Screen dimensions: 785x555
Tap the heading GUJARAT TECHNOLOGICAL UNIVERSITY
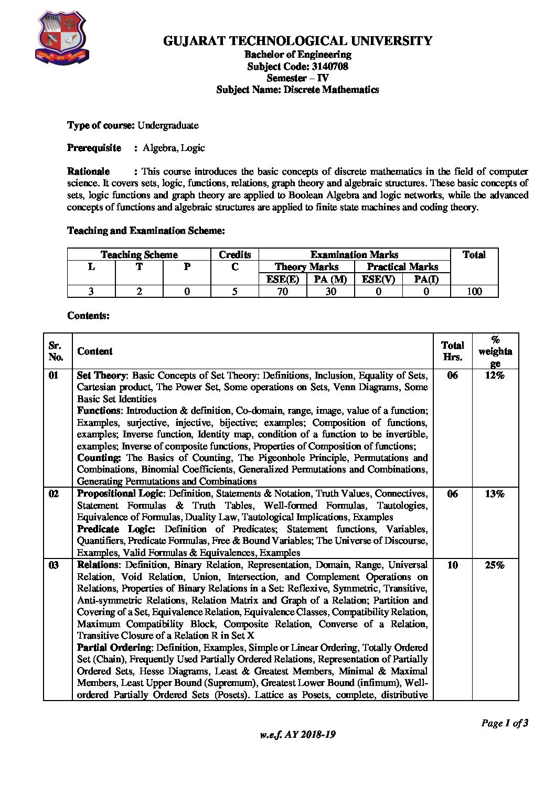(x=297, y=41)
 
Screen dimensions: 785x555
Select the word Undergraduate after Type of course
(x=168, y=125)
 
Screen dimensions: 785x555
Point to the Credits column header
(x=234, y=254)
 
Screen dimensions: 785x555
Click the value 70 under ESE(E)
(x=282, y=291)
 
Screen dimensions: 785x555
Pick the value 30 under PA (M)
(x=330, y=291)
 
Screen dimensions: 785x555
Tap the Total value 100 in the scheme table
(x=474, y=291)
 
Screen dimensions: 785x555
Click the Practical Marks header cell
(x=402, y=266)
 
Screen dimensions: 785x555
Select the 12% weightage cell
(x=495, y=375)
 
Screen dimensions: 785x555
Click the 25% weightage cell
(x=495, y=565)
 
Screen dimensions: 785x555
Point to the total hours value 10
(x=452, y=565)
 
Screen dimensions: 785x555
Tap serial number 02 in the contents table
(x=54, y=493)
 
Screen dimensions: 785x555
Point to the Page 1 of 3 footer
(x=505, y=723)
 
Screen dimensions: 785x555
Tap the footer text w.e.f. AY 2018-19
(x=297, y=734)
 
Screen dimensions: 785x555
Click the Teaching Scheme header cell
(x=139, y=254)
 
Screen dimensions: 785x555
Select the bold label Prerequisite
(x=94, y=148)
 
